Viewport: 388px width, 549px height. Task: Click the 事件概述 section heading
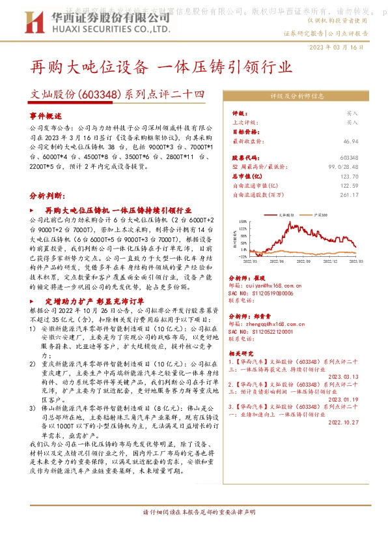(x=45, y=115)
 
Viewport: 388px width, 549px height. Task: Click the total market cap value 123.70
(x=367, y=177)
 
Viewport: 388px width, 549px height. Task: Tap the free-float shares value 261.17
(x=367, y=194)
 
